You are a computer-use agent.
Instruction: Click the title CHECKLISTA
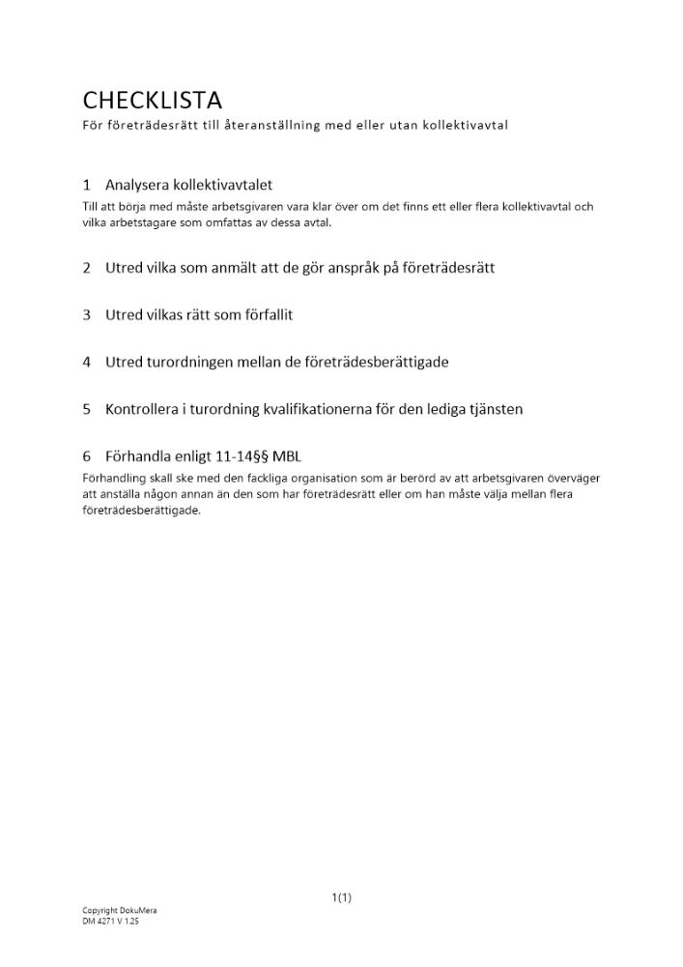tap(152, 100)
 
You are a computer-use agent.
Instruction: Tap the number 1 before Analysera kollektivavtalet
tap(87, 185)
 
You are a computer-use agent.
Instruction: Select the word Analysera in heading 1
tap(137, 185)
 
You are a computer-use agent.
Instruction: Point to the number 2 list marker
tap(87, 268)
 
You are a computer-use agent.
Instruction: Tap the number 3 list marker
tap(87, 315)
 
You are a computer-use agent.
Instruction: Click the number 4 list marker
tap(87, 363)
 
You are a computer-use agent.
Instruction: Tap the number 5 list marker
tap(87, 409)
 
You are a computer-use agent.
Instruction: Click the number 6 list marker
tap(87, 456)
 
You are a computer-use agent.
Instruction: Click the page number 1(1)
tap(342, 897)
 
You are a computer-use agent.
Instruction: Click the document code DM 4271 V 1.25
tap(111, 922)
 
